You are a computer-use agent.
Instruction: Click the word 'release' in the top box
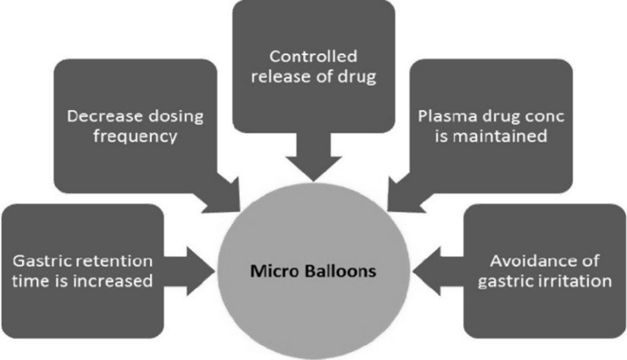click(275, 78)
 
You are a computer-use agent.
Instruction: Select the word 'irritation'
click(567, 281)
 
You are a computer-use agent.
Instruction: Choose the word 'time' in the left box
click(31, 281)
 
